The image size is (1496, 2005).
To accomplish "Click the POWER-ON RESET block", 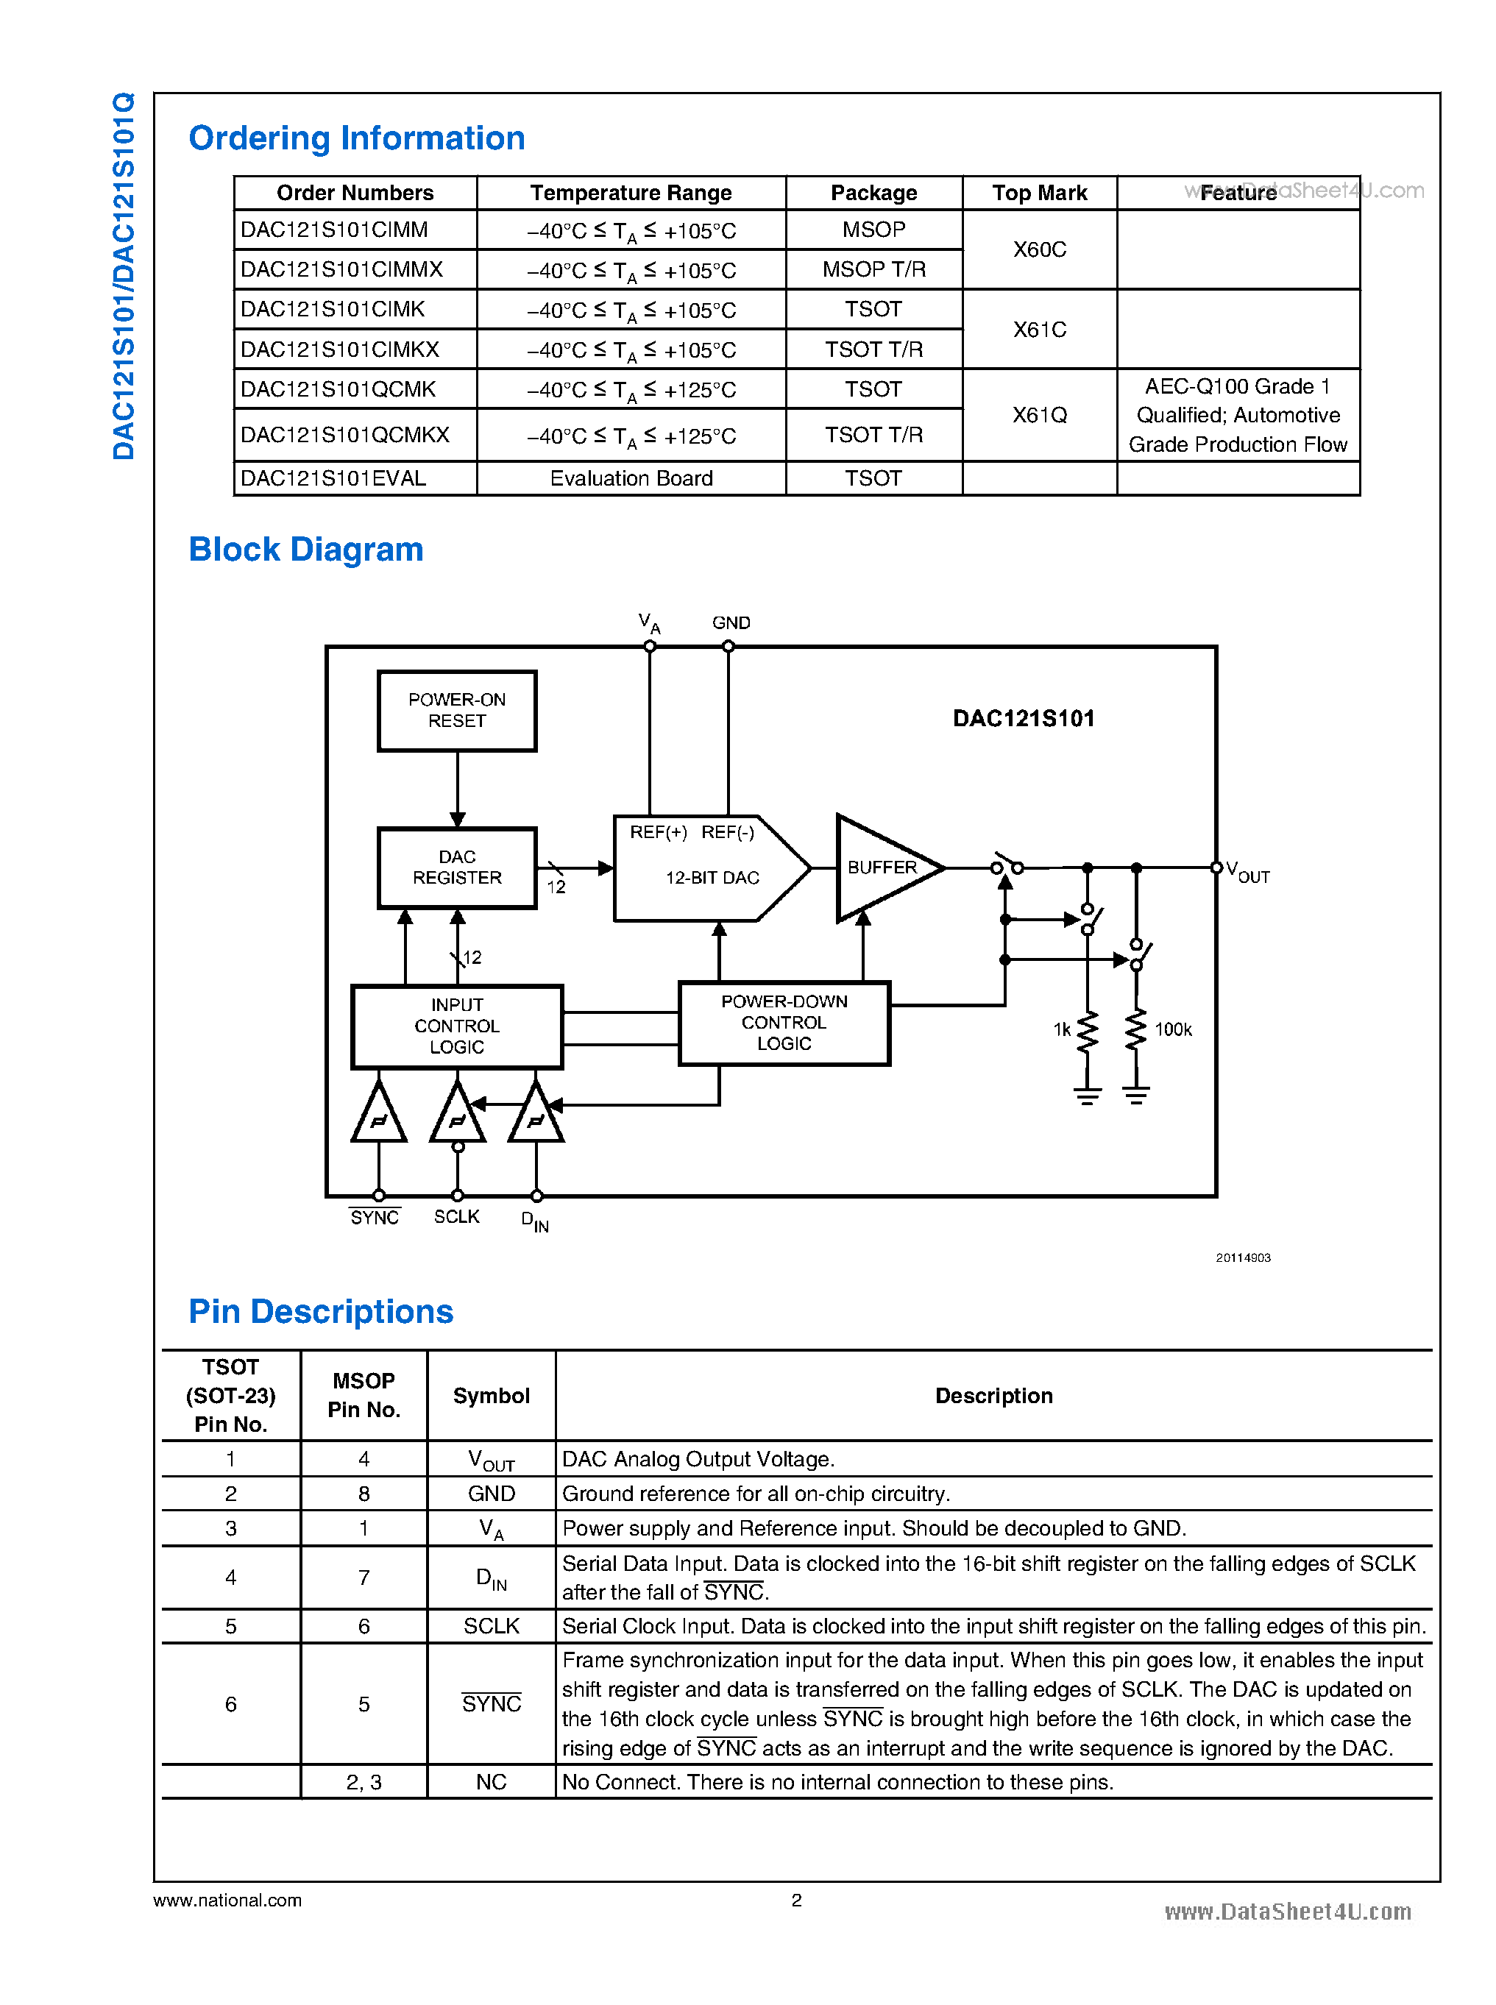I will click(456, 711).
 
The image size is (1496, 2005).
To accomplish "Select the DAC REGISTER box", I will click(456, 867).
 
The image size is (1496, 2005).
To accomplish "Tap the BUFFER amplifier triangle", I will click(879, 867).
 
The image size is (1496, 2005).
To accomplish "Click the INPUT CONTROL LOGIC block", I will click(456, 1026).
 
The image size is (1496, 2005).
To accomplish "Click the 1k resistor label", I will click(1061, 1029).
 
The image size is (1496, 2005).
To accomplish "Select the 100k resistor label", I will click(1173, 1029).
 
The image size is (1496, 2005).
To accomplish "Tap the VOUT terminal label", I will click(1247, 872).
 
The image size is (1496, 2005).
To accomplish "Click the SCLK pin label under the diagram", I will click(456, 1216).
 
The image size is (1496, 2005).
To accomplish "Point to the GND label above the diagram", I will click(731, 623).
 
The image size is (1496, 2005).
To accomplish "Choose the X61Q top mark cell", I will click(1039, 415).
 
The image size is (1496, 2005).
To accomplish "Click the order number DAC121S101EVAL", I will click(333, 478).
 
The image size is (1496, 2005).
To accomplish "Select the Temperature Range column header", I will click(631, 193).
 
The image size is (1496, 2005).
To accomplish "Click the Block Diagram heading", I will click(306, 550).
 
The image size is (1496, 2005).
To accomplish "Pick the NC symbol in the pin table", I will click(491, 1781).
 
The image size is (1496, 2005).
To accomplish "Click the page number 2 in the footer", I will click(796, 1899).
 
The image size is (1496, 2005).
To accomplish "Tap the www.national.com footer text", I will click(227, 1900).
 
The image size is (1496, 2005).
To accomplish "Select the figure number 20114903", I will click(1242, 1258).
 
